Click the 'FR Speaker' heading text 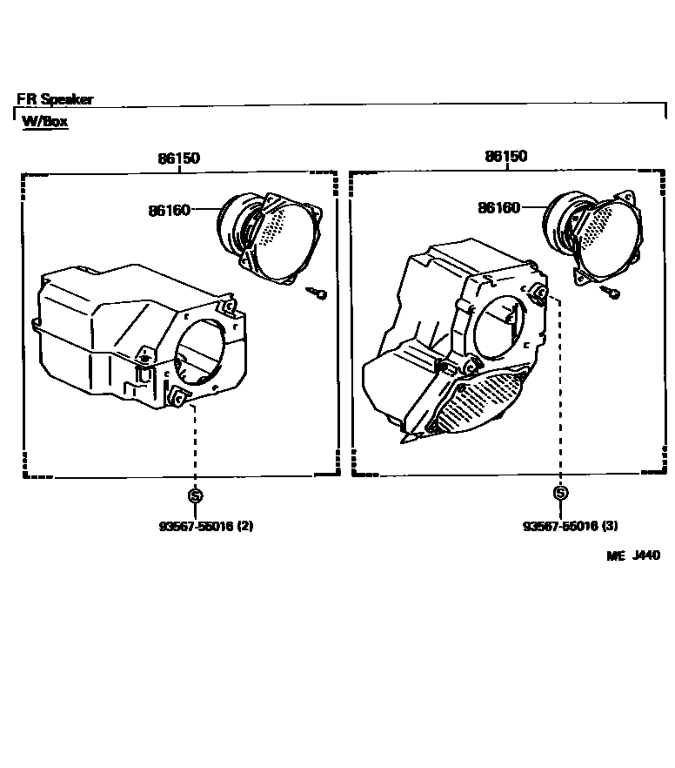click(x=55, y=99)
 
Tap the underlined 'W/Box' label click(x=45, y=121)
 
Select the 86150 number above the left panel click(x=178, y=158)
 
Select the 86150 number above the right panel click(x=506, y=157)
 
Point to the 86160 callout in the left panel click(x=169, y=210)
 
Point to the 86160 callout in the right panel click(x=498, y=207)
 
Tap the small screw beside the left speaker click(x=318, y=294)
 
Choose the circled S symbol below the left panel click(x=196, y=496)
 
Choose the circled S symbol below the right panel click(x=561, y=494)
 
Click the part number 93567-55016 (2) click(x=205, y=526)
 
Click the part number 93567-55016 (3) click(x=571, y=526)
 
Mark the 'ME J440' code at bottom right click(x=633, y=555)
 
